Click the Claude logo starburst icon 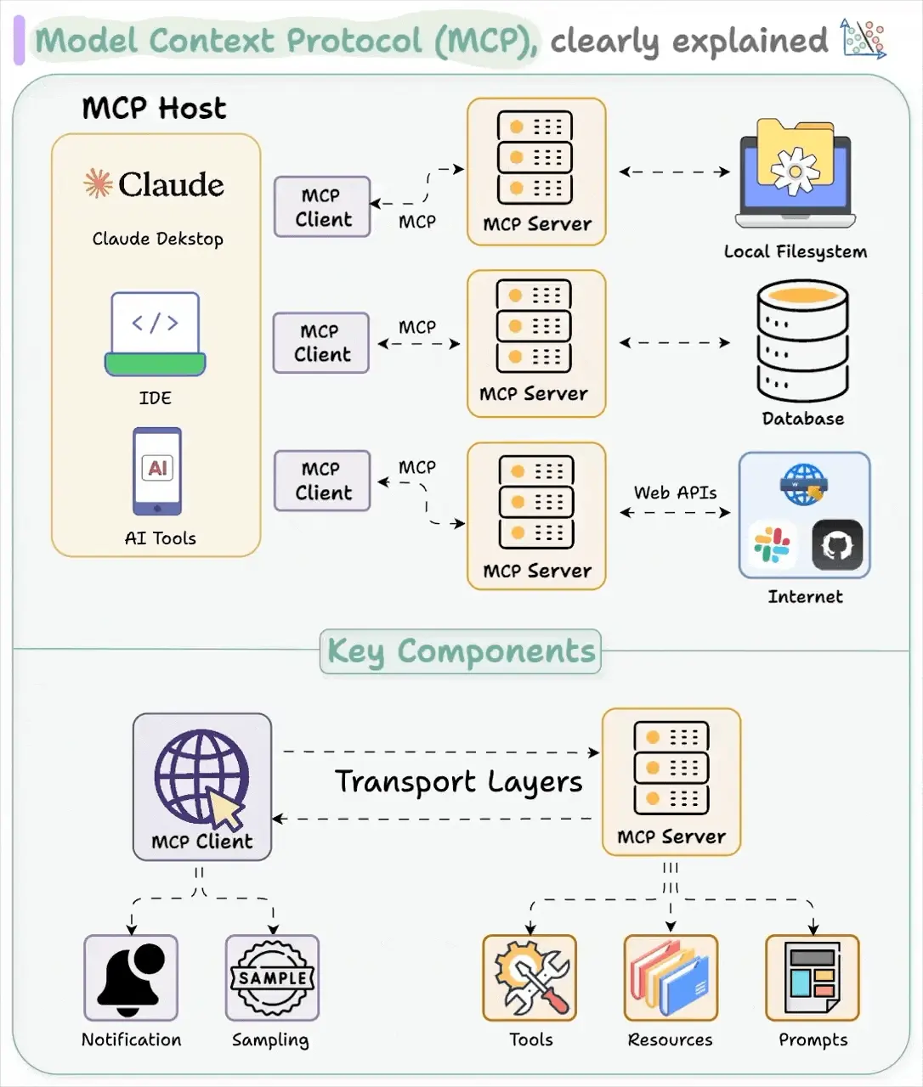(x=98, y=183)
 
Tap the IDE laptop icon (x=156, y=335)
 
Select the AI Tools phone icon (x=157, y=471)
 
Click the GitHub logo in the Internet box (x=837, y=544)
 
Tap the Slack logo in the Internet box (x=772, y=544)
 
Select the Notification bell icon (x=131, y=978)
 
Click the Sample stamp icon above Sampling (x=272, y=978)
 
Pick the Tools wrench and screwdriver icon (x=529, y=978)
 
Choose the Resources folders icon (x=671, y=978)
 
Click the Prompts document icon (x=812, y=978)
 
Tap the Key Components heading (x=461, y=651)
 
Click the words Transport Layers (x=459, y=782)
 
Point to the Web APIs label (x=675, y=493)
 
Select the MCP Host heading (x=154, y=109)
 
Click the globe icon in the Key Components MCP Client (x=201, y=778)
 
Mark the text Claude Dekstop (x=157, y=239)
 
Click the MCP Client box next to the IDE (x=321, y=343)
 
